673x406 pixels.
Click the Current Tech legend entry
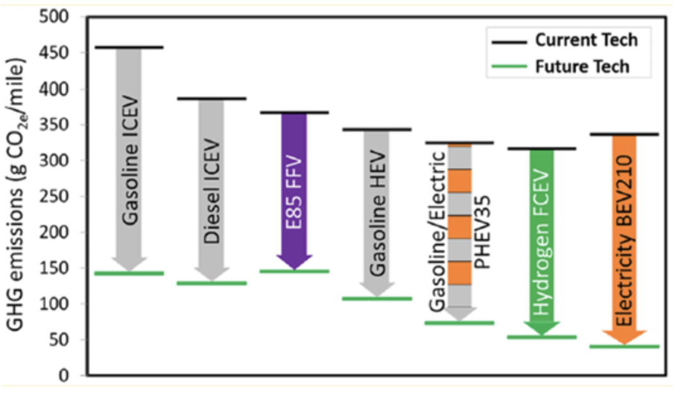pyautogui.click(x=585, y=40)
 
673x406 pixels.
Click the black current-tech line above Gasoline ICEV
pyautogui.click(x=129, y=47)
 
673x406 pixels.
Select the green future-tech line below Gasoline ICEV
pyautogui.click(x=129, y=273)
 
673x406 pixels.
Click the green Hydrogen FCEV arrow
pyautogui.click(x=541, y=240)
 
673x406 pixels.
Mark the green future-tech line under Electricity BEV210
pyautogui.click(x=624, y=346)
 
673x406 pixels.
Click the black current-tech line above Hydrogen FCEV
pyautogui.click(x=541, y=149)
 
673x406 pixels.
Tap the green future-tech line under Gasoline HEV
pyautogui.click(x=377, y=298)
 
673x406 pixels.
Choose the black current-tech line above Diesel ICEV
pyautogui.click(x=212, y=98)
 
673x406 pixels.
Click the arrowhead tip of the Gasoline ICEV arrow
pyautogui.click(x=129, y=270)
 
